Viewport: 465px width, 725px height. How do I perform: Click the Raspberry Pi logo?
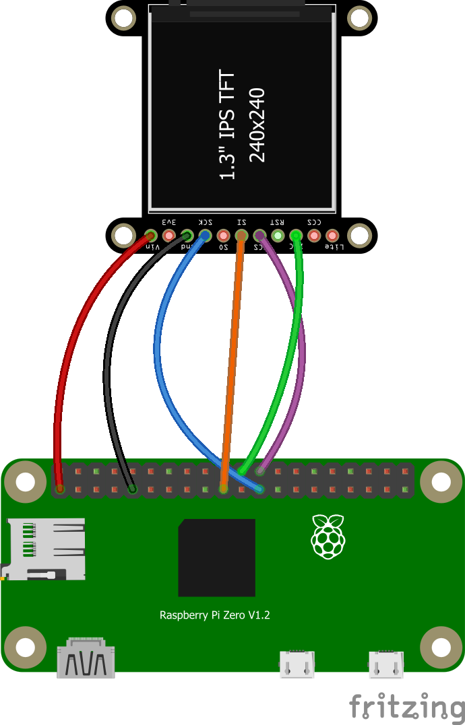(x=329, y=536)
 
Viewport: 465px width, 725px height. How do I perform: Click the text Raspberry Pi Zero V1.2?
(x=214, y=615)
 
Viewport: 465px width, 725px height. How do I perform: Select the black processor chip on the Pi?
(x=216, y=557)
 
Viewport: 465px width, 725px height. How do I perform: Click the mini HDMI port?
(x=86, y=659)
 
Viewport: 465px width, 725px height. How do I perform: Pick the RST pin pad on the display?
(x=278, y=236)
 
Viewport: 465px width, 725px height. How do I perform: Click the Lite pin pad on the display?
(x=332, y=236)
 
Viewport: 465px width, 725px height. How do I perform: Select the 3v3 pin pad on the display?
(x=169, y=236)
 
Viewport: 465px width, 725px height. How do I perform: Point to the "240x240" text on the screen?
(x=257, y=125)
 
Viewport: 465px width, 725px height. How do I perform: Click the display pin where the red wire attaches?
(x=151, y=236)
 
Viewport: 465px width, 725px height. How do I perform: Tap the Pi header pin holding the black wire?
(x=133, y=489)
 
